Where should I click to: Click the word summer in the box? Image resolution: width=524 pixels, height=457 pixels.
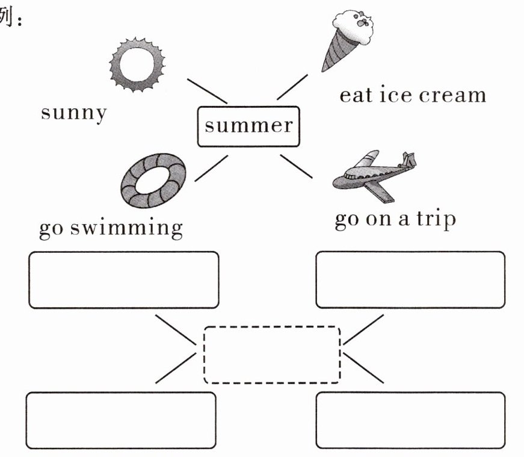(248, 126)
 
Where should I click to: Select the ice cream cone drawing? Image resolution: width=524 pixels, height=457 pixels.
(348, 40)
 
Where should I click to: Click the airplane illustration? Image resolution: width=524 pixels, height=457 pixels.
(374, 175)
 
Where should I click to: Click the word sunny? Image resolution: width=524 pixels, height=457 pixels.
(74, 113)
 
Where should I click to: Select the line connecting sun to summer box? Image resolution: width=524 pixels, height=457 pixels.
(207, 92)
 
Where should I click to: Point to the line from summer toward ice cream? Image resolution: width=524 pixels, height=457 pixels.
(292, 87)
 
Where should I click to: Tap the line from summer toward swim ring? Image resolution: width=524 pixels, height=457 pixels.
(212, 168)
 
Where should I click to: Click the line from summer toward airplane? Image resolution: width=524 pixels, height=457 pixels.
(297, 166)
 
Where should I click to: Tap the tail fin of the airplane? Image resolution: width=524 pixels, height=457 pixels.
(409, 159)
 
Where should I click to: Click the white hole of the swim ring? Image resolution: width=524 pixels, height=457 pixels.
(153, 180)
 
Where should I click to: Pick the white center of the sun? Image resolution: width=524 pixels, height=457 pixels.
(137, 64)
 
